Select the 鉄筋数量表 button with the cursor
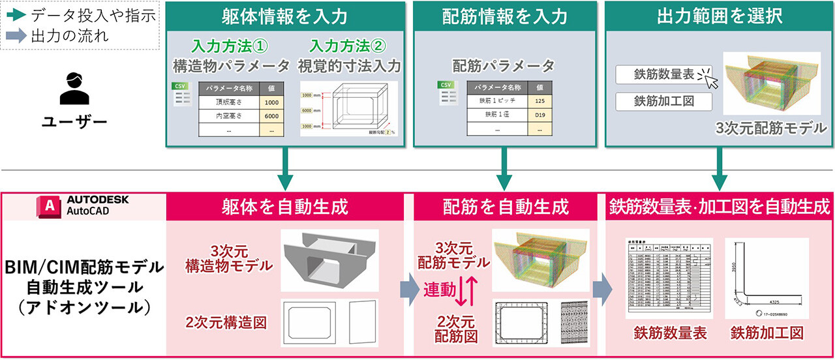(663, 74)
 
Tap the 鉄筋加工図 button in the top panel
(663, 101)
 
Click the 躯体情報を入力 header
(284, 15)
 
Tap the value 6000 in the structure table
(271, 116)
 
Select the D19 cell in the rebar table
(539, 116)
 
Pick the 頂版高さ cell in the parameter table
(228, 102)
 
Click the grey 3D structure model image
(329, 260)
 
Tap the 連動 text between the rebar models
(439, 290)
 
